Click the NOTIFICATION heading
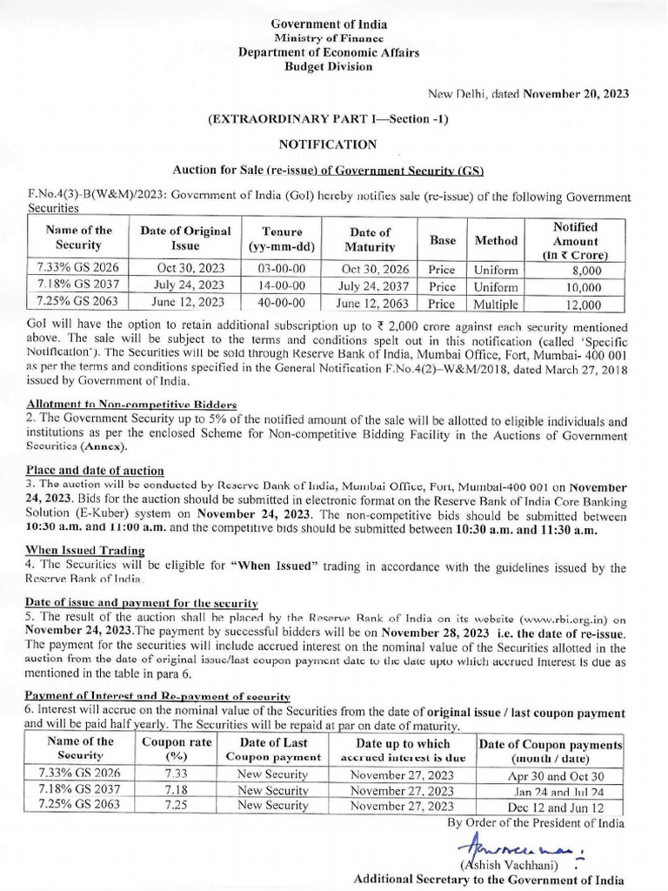click(x=328, y=144)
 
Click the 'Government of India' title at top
click(x=329, y=24)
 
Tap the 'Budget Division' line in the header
click(x=329, y=66)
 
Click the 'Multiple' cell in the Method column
click(x=496, y=304)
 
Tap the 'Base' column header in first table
click(x=442, y=240)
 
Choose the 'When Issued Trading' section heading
click(x=84, y=550)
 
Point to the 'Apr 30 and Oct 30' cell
click(x=550, y=775)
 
